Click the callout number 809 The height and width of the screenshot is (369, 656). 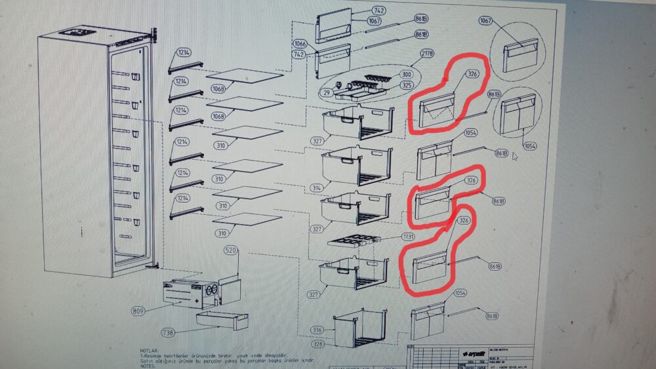coord(138,311)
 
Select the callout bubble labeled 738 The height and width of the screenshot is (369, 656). coord(168,333)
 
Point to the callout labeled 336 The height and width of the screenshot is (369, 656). coord(318,330)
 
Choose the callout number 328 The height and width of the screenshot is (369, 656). coord(318,343)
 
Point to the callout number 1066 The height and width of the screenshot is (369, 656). coord(300,44)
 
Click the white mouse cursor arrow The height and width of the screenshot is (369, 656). coord(516,157)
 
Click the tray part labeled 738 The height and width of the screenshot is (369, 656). coord(222,320)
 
